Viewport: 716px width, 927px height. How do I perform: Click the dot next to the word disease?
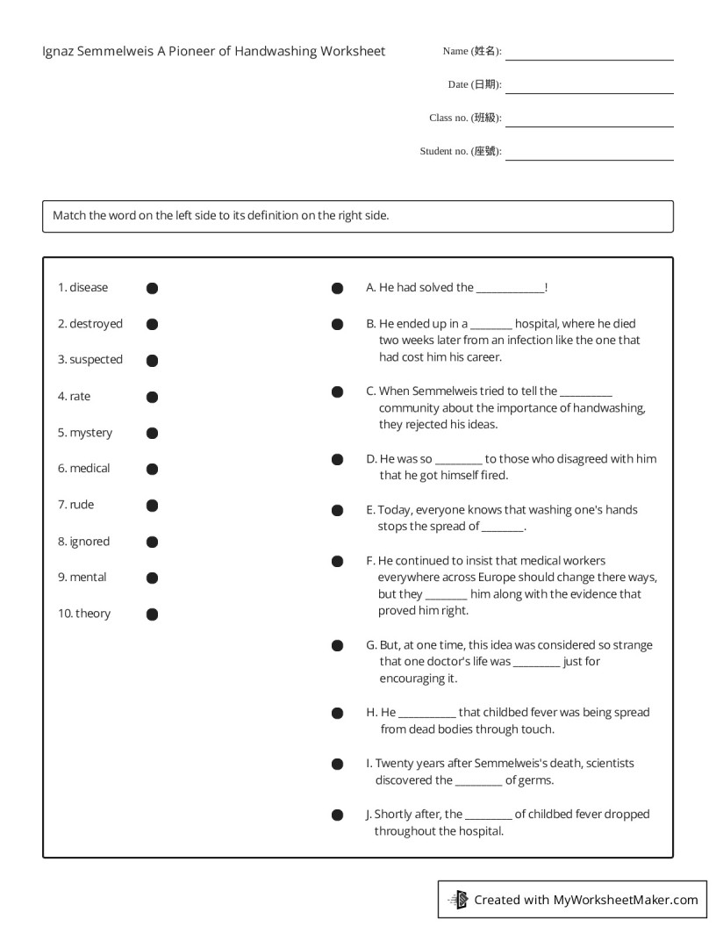[x=152, y=288]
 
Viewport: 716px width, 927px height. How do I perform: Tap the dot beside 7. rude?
[x=152, y=506]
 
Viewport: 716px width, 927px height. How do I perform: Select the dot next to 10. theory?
[x=152, y=614]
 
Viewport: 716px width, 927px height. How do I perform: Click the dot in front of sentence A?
[x=337, y=288]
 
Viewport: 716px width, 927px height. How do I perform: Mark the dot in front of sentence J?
[x=337, y=815]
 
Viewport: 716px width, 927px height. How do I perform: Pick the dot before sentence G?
[x=337, y=646]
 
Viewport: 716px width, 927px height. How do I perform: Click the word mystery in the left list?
[x=91, y=433]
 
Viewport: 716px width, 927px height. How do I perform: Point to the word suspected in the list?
[x=97, y=360]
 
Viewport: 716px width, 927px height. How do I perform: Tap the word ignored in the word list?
[x=89, y=542]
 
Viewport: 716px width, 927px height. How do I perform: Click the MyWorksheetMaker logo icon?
[x=458, y=899]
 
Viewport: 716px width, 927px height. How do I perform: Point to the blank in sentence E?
[x=502, y=528]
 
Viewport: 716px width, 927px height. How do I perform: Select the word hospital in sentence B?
[x=536, y=324]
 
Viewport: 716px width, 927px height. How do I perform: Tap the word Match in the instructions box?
[x=69, y=215]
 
